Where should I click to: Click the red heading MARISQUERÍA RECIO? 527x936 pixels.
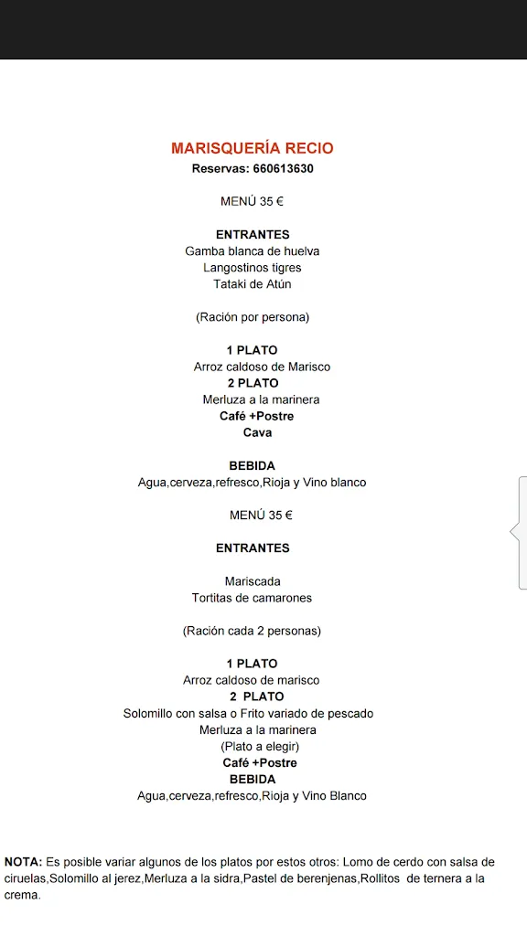[253, 148]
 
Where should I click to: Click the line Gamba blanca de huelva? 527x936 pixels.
[253, 251]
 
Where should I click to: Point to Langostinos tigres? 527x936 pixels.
[253, 268]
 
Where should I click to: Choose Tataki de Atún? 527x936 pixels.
[253, 284]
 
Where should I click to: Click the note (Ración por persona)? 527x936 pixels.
[253, 317]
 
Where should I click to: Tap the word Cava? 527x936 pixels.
[257, 432]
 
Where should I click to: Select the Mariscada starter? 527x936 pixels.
[253, 581]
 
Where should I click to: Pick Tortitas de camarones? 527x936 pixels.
[252, 598]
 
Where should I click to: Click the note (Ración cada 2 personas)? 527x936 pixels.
[252, 631]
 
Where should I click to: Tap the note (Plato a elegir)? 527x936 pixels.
[260, 746]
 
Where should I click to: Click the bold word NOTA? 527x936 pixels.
[23, 862]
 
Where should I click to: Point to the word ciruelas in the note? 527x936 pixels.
[25, 878]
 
